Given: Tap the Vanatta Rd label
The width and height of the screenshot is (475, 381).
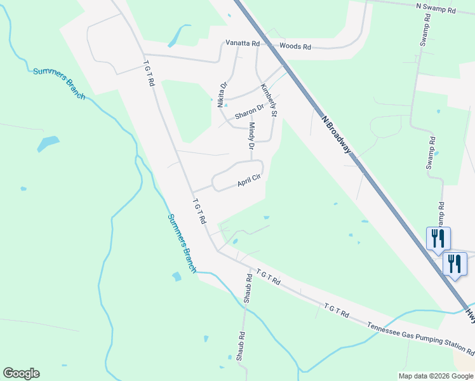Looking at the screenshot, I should coord(243,43).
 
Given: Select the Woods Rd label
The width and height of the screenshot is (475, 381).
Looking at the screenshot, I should coord(295,46).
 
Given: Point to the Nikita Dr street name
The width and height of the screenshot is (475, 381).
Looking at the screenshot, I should coord(223,94).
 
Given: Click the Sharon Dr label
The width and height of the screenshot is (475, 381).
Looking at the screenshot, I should coord(248,112).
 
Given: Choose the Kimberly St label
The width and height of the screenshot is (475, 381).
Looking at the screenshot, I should coord(270,100).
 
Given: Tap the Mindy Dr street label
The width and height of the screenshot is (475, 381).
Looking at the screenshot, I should coord(251,137).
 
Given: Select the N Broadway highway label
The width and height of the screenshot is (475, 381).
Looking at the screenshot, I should coord(336,135).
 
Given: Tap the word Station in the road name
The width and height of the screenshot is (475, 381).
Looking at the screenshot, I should coord(447,346).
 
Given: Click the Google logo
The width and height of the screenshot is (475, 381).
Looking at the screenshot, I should coord(21,373).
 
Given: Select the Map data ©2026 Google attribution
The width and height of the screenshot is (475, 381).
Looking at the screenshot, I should coord(436,376).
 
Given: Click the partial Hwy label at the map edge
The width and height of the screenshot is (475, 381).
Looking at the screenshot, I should coord(470,312).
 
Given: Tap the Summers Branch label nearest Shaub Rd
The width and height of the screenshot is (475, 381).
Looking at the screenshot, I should coord(182,243).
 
